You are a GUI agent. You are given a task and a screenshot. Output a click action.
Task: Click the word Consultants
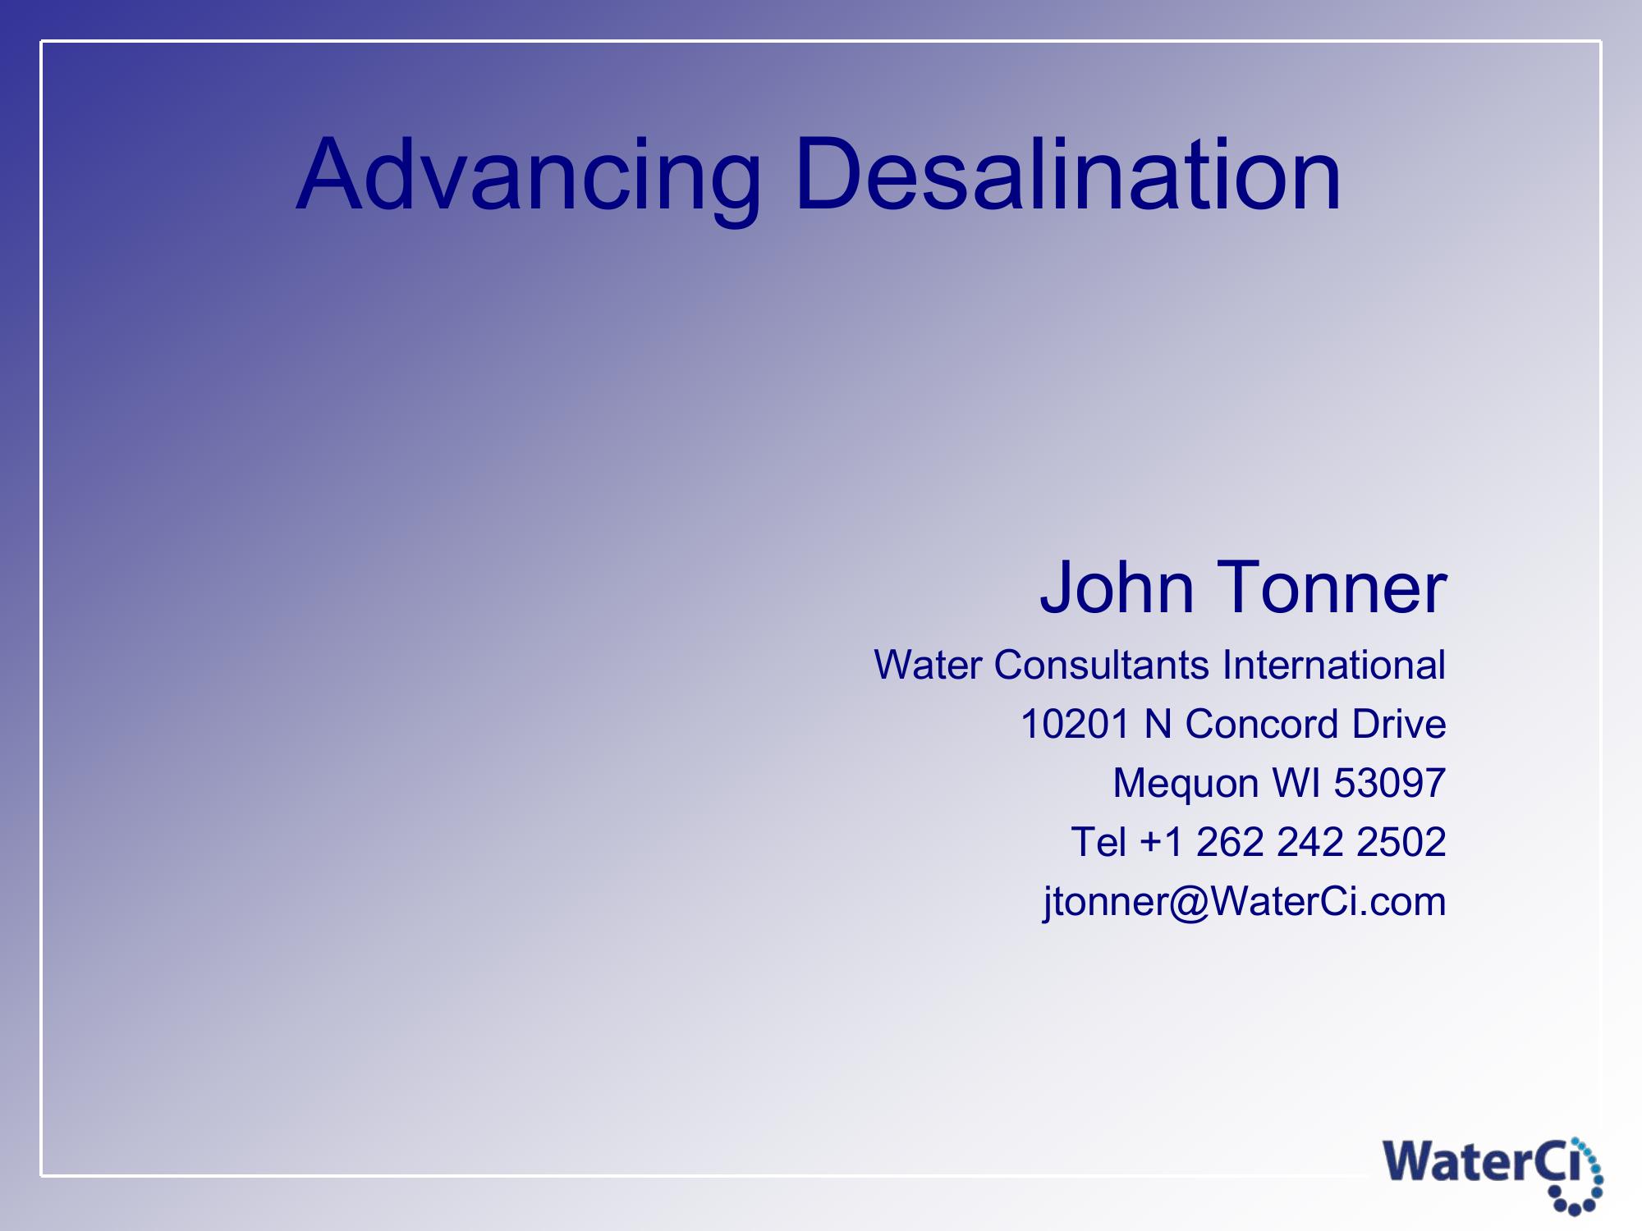[1101, 664]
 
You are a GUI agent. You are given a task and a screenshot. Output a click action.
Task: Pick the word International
[1333, 664]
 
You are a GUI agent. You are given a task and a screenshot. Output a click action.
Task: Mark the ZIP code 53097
[1389, 783]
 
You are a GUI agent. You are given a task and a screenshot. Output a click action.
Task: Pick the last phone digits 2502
[1401, 842]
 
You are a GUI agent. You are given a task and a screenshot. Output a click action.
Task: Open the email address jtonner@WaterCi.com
[1245, 903]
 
